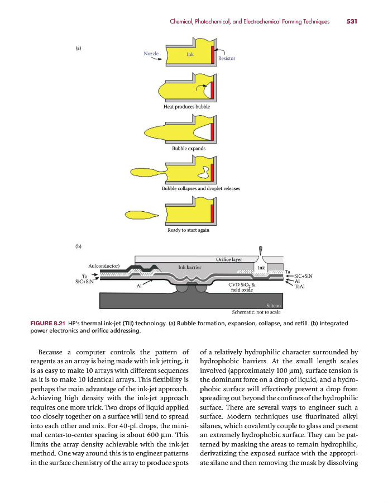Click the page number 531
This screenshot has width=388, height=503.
351,22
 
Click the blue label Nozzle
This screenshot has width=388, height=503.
151,54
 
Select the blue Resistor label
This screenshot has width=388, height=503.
227,58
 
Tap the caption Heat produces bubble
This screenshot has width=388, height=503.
187,106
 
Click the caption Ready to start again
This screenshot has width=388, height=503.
188,230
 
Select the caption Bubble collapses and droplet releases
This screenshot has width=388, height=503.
200,188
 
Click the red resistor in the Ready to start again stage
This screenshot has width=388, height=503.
212,213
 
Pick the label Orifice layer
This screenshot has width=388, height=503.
229,259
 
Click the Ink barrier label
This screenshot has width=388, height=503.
189,267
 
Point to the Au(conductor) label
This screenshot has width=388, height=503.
104,265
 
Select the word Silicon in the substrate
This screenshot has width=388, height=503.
273,305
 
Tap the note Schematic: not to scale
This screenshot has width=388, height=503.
256,312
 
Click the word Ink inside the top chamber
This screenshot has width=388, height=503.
190,55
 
